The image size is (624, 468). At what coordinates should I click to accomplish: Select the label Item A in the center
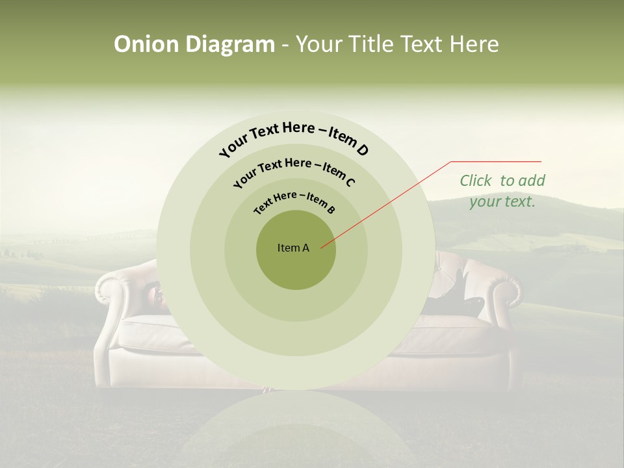pyautogui.click(x=294, y=248)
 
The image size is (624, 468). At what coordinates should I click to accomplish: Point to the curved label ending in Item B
pyautogui.click(x=294, y=201)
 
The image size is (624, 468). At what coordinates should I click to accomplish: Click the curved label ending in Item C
pyautogui.click(x=294, y=170)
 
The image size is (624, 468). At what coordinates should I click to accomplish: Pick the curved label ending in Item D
pyautogui.click(x=294, y=137)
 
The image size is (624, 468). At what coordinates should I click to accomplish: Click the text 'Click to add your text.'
pyautogui.click(x=502, y=190)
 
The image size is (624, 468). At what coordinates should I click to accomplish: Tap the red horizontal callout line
pyautogui.click(x=496, y=161)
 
